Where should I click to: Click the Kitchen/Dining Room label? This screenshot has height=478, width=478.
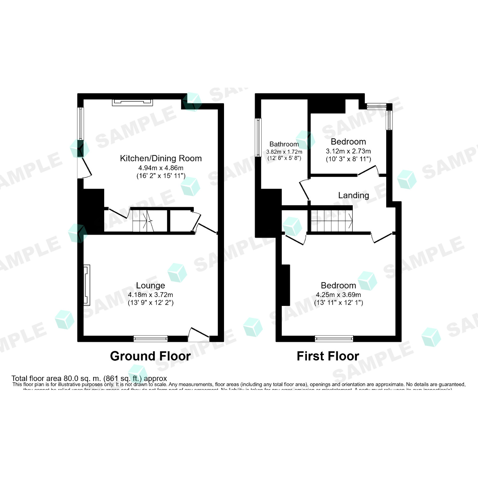161,158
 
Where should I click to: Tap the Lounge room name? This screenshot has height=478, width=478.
150,286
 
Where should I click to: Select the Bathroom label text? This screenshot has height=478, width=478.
284,144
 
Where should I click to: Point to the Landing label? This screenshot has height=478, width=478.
353,195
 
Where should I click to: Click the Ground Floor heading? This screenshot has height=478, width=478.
150,356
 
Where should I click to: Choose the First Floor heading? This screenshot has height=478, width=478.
328,356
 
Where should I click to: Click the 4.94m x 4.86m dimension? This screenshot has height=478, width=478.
161,168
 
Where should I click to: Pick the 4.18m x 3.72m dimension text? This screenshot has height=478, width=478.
150,295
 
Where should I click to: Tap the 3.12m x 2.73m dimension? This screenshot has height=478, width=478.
348,151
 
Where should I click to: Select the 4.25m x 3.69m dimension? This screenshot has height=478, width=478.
338,295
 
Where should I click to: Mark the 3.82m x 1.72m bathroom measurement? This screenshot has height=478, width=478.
284,152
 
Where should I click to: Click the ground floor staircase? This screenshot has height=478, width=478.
143,221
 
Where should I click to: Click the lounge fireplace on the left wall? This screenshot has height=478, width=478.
86,285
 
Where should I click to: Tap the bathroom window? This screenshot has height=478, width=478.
258,137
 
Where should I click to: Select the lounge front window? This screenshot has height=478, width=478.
150,338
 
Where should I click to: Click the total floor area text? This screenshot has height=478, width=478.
89,379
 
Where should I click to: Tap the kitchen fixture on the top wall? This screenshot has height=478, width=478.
132,102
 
